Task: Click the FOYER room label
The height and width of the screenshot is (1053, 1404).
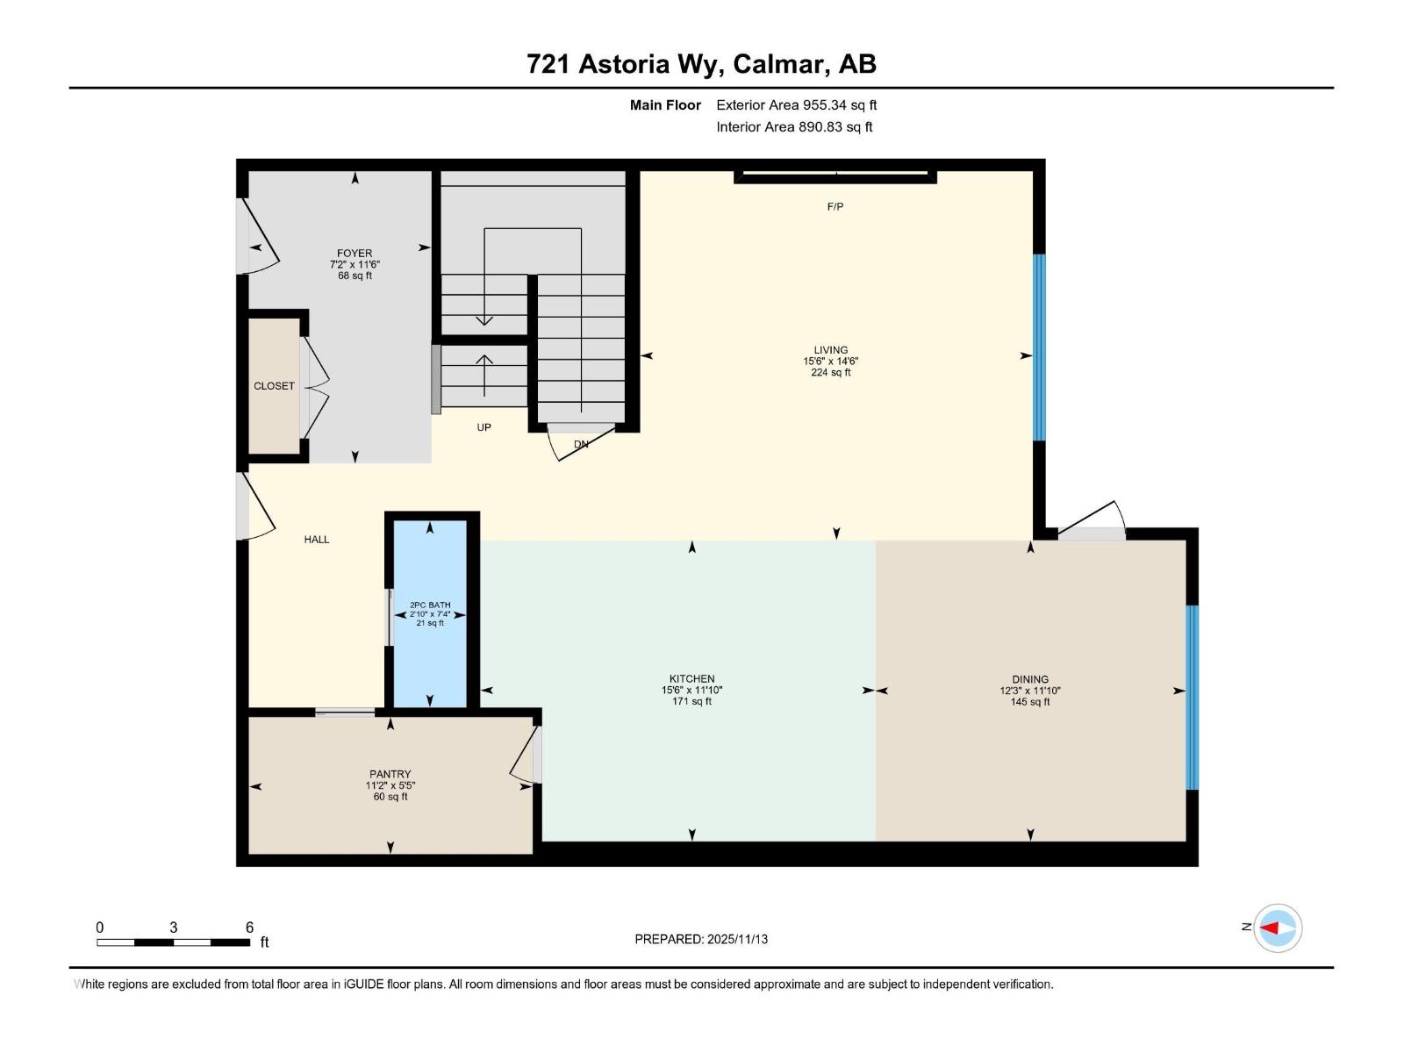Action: (355, 254)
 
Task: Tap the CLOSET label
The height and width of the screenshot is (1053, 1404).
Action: (275, 386)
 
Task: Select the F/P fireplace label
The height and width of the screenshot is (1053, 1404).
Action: (835, 207)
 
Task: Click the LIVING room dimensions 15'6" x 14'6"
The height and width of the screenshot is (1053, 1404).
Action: (830, 362)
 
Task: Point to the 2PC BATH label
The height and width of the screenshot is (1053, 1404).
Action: (430, 605)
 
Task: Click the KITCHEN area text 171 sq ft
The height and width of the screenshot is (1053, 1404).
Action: (691, 702)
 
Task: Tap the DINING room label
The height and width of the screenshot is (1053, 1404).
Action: (1029, 679)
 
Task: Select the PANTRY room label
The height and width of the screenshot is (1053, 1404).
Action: (390, 775)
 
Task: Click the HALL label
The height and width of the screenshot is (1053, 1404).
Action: (317, 540)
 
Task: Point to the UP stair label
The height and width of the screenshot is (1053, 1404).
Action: (484, 427)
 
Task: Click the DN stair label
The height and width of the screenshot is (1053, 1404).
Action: (581, 444)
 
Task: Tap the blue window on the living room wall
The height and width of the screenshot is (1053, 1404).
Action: (1039, 347)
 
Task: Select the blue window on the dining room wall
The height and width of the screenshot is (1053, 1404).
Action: (1192, 698)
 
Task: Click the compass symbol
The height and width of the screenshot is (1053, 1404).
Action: (1277, 928)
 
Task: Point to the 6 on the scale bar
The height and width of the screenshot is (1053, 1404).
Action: (249, 928)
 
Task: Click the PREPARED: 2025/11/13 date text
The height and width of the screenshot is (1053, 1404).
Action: (701, 939)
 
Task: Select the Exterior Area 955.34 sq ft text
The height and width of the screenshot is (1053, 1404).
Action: (796, 105)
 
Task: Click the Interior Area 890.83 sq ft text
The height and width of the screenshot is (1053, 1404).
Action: (794, 127)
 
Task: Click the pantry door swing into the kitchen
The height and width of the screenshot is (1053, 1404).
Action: (526, 755)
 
